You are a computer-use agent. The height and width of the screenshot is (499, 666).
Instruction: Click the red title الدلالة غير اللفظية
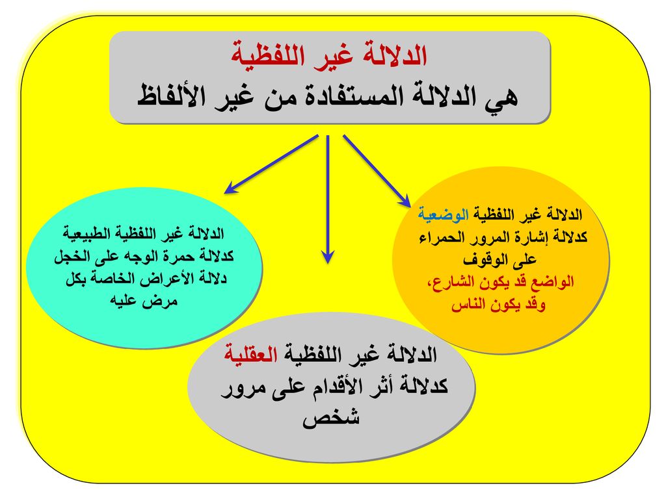[x=329, y=55]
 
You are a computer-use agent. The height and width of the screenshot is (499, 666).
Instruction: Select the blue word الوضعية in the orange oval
[x=444, y=214]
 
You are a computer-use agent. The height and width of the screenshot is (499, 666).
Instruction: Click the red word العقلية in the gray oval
[x=250, y=354]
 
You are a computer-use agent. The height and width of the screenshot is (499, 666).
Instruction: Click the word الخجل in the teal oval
[x=72, y=256]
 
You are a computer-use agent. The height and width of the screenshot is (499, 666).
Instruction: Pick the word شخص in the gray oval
[x=331, y=418]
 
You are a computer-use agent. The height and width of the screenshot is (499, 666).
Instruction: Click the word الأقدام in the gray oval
[x=337, y=387]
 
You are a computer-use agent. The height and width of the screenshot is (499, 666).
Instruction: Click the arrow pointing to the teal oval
[x=271, y=164]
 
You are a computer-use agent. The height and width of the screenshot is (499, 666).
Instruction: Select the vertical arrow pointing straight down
[x=328, y=199]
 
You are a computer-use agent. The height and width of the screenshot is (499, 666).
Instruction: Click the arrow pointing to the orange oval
[x=377, y=171]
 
